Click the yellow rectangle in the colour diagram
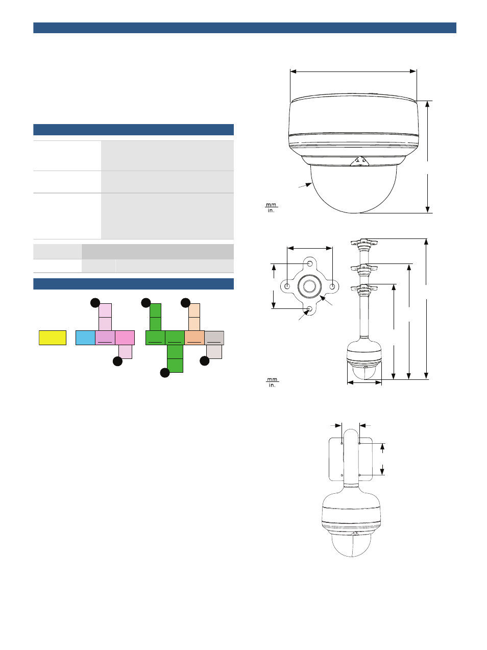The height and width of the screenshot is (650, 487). tap(53, 338)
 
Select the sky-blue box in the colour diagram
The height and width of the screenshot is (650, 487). tap(85, 338)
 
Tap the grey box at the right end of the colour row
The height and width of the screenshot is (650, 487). tap(214, 338)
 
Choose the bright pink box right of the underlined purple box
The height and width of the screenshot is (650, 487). tap(125, 338)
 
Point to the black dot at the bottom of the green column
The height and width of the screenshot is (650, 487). tap(165, 373)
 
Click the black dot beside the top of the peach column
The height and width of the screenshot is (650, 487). tap(186, 303)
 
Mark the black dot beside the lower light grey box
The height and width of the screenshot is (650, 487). tap(205, 361)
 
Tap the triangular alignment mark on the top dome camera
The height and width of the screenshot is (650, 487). tap(360, 161)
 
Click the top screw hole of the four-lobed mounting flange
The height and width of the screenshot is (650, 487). tap(310, 263)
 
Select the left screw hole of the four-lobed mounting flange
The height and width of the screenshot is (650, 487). tap(287, 286)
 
